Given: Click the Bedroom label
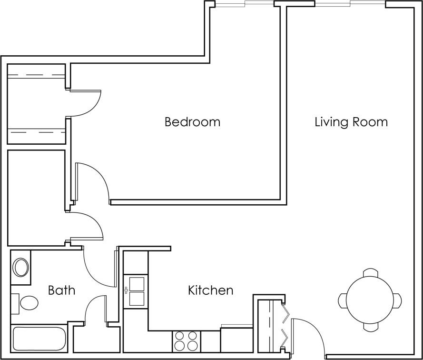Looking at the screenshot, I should tap(192, 122).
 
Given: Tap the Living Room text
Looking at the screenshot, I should tap(351, 122).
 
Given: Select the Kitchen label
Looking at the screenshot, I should tap(210, 290).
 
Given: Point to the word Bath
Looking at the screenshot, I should tap(61, 290).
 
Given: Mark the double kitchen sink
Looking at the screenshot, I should tap(136, 290).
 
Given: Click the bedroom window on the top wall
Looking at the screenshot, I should tap(245, 4).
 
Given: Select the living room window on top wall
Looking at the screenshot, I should tap(350, 4).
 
